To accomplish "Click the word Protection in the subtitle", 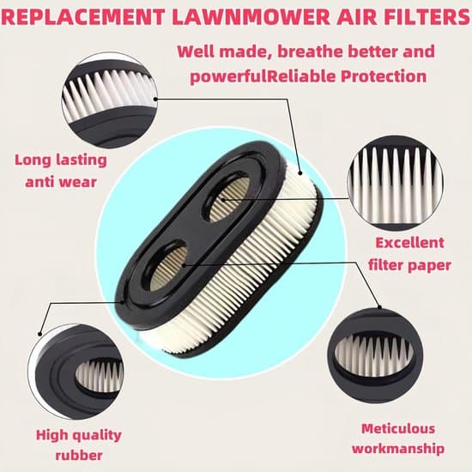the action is (x=384, y=76).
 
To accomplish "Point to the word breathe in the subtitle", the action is (x=310, y=51).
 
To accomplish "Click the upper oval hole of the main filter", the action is (x=228, y=199).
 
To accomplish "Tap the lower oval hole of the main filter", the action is (x=166, y=267).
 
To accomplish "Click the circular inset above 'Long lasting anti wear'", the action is (x=109, y=100).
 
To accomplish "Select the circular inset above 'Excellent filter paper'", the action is (x=395, y=183).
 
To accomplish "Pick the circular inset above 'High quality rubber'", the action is (x=76, y=372).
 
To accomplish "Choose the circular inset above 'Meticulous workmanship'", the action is (x=375, y=355).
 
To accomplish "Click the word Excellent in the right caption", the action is (x=409, y=243).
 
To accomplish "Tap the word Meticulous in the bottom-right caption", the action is (x=398, y=428).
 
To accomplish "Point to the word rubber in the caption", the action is (x=79, y=456).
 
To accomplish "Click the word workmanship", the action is (x=398, y=449).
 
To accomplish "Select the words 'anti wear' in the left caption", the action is (x=61, y=182).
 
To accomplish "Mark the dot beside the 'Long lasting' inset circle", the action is (x=155, y=99).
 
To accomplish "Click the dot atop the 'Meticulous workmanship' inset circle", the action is (x=379, y=307).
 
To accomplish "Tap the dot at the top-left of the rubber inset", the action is (x=39, y=334).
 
